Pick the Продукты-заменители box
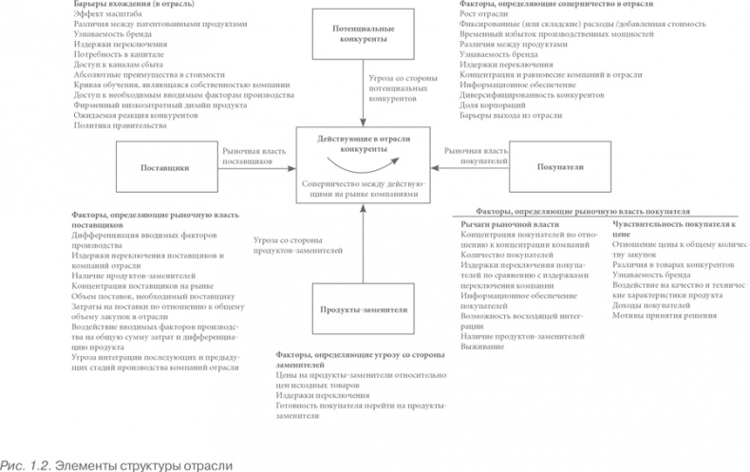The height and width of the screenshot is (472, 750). click(x=365, y=308)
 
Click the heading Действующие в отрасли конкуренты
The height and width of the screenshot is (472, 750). click(x=365, y=144)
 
